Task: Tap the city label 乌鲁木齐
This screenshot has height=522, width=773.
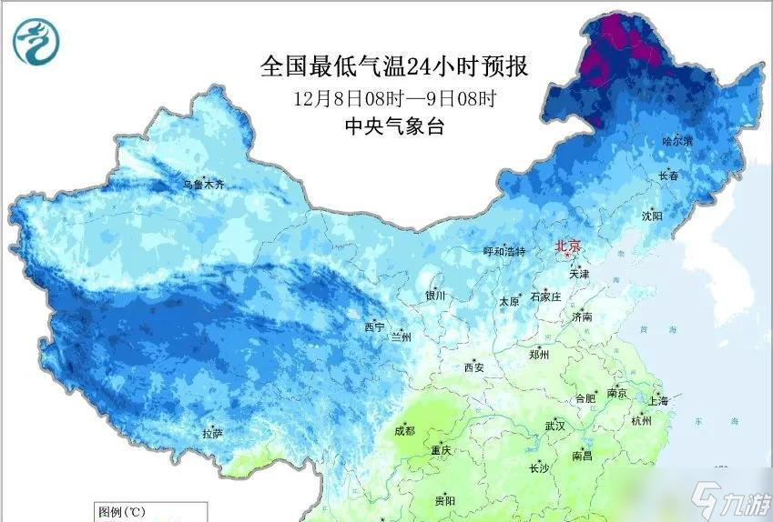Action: click(202, 185)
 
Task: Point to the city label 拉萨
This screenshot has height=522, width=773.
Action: click(212, 434)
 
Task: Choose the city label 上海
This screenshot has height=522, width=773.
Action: click(658, 400)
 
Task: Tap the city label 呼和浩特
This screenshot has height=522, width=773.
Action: click(503, 251)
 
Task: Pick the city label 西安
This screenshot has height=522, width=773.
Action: click(473, 367)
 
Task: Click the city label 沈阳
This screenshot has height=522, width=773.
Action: click(652, 216)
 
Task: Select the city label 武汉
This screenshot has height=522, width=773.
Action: click(554, 426)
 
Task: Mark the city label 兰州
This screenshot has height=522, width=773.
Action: click(401, 336)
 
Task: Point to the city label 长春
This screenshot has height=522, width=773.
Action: click(668, 176)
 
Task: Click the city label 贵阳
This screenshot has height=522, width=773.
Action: click(444, 500)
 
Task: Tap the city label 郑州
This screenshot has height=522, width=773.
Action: click(539, 355)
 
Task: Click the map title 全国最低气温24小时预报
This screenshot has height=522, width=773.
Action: click(394, 66)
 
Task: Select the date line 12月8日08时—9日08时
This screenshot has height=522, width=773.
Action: click(394, 97)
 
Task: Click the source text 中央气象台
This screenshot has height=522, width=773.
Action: click(394, 127)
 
